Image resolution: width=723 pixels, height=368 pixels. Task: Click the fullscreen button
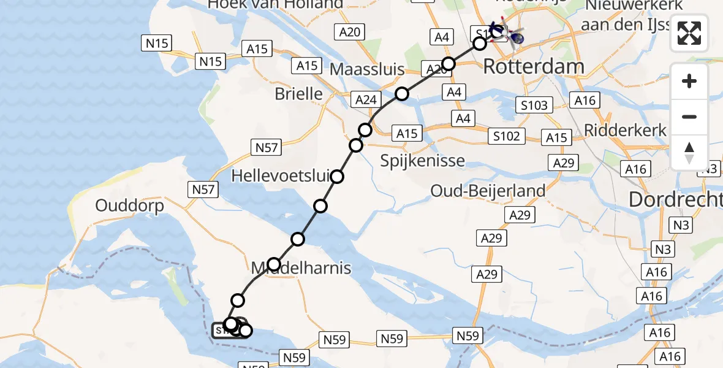tap(689, 33)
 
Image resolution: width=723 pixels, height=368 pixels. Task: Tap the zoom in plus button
tap(689, 81)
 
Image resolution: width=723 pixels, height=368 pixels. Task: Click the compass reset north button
tap(689, 153)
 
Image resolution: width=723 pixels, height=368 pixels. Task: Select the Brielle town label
tap(298, 93)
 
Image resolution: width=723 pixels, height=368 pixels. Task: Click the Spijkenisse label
tap(422, 161)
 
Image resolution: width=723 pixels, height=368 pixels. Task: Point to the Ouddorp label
tap(130, 205)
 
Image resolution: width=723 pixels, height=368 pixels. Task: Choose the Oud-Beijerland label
tap(488, 191)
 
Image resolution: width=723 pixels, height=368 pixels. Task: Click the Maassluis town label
tap(367, 69)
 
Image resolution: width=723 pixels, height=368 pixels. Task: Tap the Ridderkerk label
tap(625, 130)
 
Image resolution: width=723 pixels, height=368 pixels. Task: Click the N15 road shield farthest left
tap(157, 43)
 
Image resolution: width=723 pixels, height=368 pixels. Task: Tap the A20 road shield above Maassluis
tap(350, 33)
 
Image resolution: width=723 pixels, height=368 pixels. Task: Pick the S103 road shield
tap(534, 105)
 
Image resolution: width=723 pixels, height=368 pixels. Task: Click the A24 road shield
tap(366, 99)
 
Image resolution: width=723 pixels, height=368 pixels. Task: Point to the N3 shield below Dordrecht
tap(681, 224)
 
